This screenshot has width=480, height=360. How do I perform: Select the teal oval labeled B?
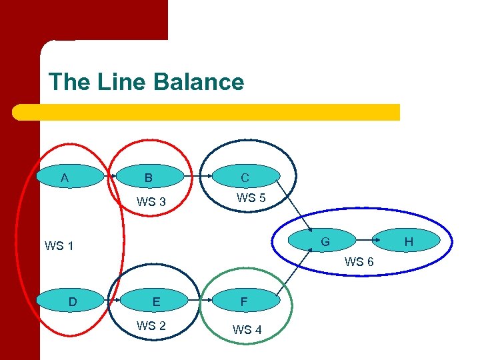(149, 177)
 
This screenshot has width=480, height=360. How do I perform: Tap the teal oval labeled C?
(245, 177)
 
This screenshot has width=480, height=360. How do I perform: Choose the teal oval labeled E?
(156, 301)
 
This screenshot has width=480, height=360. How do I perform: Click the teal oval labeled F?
(244, 301)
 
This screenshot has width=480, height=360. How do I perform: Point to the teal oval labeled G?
(325, 241)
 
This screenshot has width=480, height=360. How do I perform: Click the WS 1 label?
(59, 246)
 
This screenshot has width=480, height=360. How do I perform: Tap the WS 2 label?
(151, 326)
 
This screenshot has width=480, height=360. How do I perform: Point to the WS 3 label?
(151, 202)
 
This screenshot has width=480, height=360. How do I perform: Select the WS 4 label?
(247, 329)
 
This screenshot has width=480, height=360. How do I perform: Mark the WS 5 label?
(251, 197)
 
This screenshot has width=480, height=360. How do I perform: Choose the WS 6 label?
(359, 262)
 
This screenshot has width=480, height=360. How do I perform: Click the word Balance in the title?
(198, 82)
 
